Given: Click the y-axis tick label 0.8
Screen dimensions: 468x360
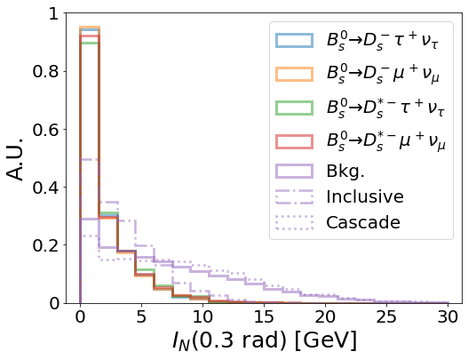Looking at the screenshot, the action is [45, 72].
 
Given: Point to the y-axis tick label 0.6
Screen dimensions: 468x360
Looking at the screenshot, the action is [45, 130].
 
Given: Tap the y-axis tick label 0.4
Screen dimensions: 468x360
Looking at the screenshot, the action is [45, 188].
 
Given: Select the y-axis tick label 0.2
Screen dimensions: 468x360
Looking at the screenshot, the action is [45, 245].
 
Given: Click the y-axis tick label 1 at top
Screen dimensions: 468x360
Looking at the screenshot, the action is [53, 13].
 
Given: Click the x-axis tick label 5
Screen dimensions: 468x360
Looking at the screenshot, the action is [141, 317].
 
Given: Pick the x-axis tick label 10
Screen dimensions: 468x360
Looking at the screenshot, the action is [202, 317].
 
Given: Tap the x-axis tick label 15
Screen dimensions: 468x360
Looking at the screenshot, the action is [264, 317].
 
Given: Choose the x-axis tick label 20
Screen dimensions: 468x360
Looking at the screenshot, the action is [325, 317].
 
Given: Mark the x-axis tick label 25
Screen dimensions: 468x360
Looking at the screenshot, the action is [386, 317].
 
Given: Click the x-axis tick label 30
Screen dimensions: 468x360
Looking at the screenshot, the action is [448, 317].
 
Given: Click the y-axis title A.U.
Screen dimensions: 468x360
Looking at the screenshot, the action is [15, 159].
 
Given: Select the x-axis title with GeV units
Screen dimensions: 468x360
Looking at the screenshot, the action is [265, 340].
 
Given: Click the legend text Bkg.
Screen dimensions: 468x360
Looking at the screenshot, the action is [345, 172].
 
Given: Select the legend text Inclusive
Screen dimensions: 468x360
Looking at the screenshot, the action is [365, 196].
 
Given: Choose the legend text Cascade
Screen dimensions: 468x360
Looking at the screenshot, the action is [363, 222].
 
